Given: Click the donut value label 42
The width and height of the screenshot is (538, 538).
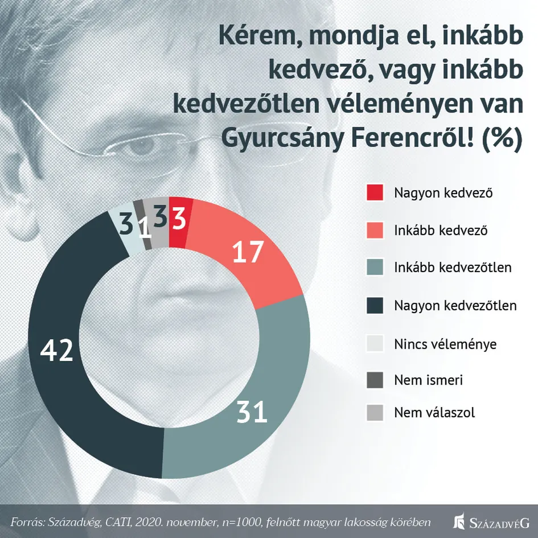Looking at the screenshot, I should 57,351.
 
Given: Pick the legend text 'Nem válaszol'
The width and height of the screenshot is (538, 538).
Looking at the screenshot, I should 434,413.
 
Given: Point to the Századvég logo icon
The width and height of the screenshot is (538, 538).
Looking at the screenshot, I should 459,521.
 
